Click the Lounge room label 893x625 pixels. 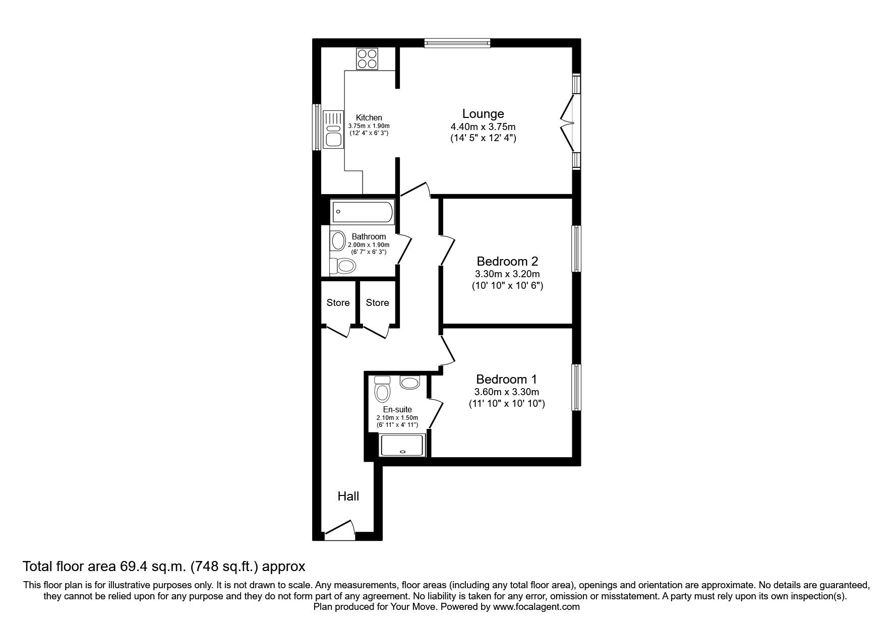pos(483,114)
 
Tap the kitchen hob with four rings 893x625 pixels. pos(367,58)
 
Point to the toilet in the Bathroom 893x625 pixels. pos(343,265)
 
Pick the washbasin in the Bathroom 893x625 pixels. pos(336,241)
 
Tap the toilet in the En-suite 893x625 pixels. pos(382,389)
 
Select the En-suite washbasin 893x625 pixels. pos(410,383)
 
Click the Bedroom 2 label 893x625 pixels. pos(507,262)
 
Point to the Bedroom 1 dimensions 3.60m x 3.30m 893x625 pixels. pos(507,392)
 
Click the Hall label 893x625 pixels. pos(348,496)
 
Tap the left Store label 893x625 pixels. pos(338,303)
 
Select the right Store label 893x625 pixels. pos(377,303)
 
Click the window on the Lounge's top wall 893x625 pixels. pos(457,43)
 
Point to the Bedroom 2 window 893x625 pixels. pos(575,248)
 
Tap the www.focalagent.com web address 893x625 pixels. pos(536,607)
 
